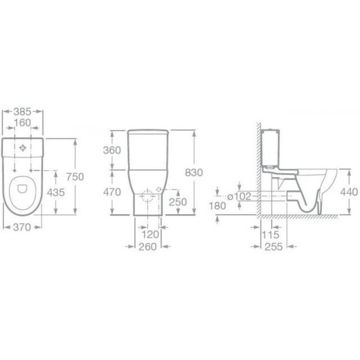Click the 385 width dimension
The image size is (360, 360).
pyautogui.click(x=22, y=112)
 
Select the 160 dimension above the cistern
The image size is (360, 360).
pyautogui.click(x=22, y=123)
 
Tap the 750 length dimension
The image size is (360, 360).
pyautogui.click(x=75, y=177)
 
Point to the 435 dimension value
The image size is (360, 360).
pyautogui.click(x=56, y=193)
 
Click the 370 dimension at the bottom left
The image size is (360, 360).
pyautogui.click(x=22, y=227)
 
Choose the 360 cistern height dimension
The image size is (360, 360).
pyautogui.click(x=112, y=150)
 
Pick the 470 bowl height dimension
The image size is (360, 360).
pyautogui.click(x=112, y=192)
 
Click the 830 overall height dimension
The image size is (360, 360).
pyautogui.click(x=194, y=173)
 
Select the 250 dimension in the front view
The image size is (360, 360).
pyautogui.click(x=178, y=202)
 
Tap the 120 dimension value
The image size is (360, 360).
pyautogui.click(x=150, y=234)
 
